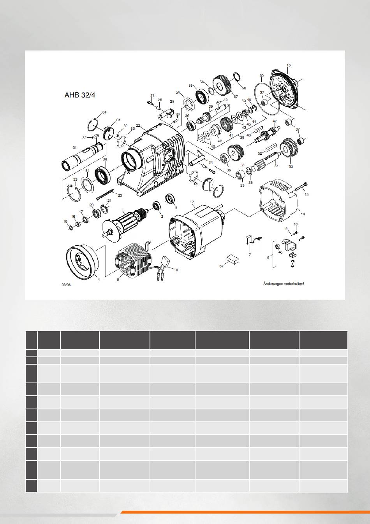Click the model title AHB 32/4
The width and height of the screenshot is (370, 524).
tap(80, 95)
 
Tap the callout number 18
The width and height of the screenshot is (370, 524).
tap(289, 65)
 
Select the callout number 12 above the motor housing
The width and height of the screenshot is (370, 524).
tap(192, 202)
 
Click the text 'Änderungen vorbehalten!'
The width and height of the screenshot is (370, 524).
tap(284, 284)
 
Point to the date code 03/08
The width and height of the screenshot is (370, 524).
tap(66, 285)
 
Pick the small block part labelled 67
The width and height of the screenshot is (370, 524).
tap(233, 259)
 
